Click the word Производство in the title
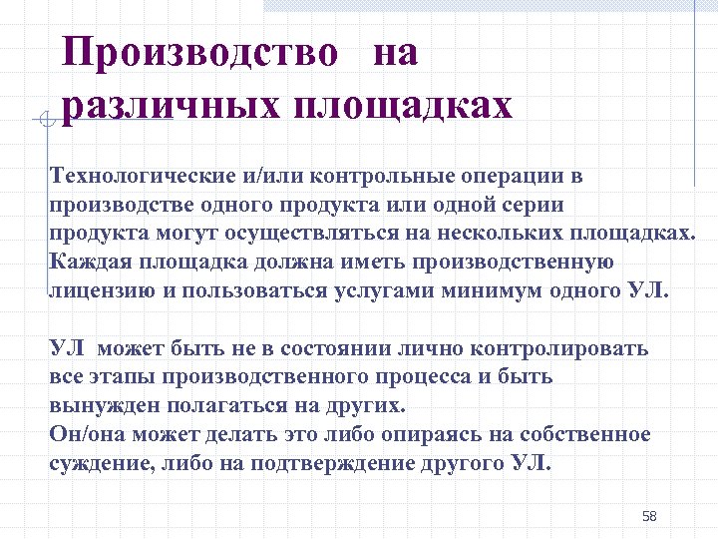pos(199,53)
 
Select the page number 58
pos(649,516)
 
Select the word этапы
pos(115,377)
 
